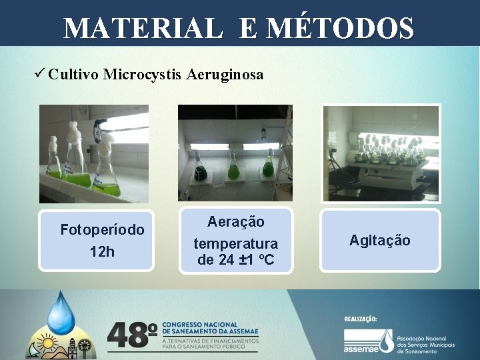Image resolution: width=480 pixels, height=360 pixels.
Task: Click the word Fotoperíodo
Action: point(102,230)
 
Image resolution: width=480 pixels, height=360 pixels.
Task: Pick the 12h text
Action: point(102,251)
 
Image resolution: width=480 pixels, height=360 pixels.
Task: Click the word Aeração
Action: point(236,221)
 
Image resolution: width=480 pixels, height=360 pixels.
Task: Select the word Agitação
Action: point(379,240)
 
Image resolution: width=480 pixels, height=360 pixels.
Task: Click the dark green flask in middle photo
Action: point(199,173)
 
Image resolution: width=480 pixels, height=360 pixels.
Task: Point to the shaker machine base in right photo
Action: point(387,177)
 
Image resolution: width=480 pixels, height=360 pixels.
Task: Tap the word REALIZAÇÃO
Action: point(361,319)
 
